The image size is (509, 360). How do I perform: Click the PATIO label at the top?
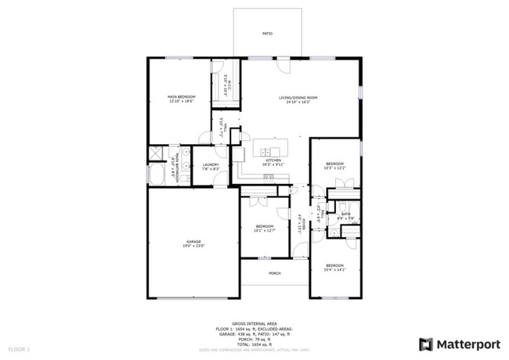pyautogui.click(x=266, y=33)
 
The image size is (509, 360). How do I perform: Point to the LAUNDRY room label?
pyautogui.click(x=210, y=164)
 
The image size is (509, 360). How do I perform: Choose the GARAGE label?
pyautogui.click(x=193, y=242)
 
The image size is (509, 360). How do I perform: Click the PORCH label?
pyautogui.click(x=274, y=273)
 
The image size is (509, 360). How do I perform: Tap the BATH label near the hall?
pyautogui.click(x=345, y=214)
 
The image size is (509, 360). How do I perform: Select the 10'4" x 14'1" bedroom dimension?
pyautogui.click(x=334, y=271)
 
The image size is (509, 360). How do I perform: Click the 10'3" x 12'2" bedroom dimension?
pyautogui.click(x=334, y=168)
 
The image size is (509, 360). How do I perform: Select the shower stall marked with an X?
pyautogui.click(x=155, y=153)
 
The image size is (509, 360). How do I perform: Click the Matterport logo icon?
pyautogui.click(x=425, y=344)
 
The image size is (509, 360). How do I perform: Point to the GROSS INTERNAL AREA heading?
pyautogui.click(x=254, y=322)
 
